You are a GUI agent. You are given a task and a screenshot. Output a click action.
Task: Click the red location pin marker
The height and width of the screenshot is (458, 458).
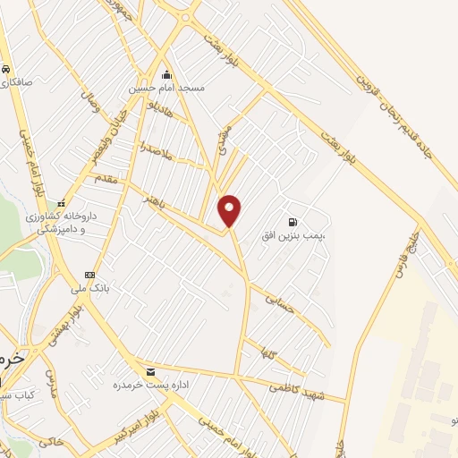pos(230,210)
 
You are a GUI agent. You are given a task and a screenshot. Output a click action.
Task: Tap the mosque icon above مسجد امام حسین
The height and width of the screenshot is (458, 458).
pos(165,76)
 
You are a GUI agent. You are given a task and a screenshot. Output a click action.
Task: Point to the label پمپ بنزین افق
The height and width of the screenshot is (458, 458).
pos(301,233)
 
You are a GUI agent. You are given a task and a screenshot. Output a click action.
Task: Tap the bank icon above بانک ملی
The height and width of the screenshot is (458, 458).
pos(89,274)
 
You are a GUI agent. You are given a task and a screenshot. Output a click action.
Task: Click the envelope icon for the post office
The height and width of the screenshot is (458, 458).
pos(149,371)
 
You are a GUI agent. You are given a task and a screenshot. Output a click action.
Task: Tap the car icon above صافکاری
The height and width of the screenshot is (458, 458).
pos(6,69)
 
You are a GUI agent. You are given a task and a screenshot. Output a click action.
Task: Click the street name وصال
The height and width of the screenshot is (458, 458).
pos(93,106)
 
